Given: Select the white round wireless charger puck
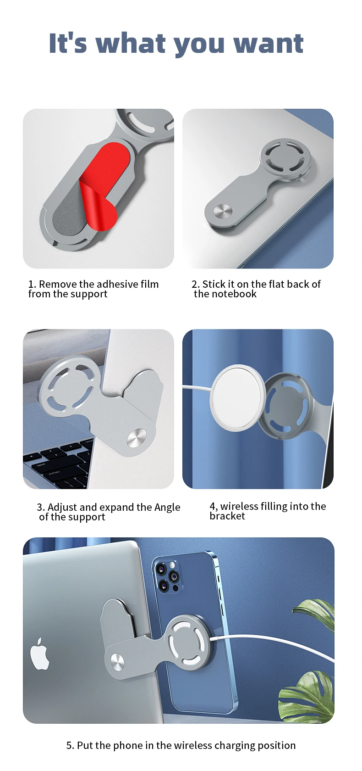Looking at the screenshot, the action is coord(237,397).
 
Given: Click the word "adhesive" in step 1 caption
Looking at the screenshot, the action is coord(113,284).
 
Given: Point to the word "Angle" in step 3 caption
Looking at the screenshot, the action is coord(167,508).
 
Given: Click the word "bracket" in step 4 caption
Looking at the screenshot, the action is coord(227,516).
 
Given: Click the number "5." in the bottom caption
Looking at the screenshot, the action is coord(70,745).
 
